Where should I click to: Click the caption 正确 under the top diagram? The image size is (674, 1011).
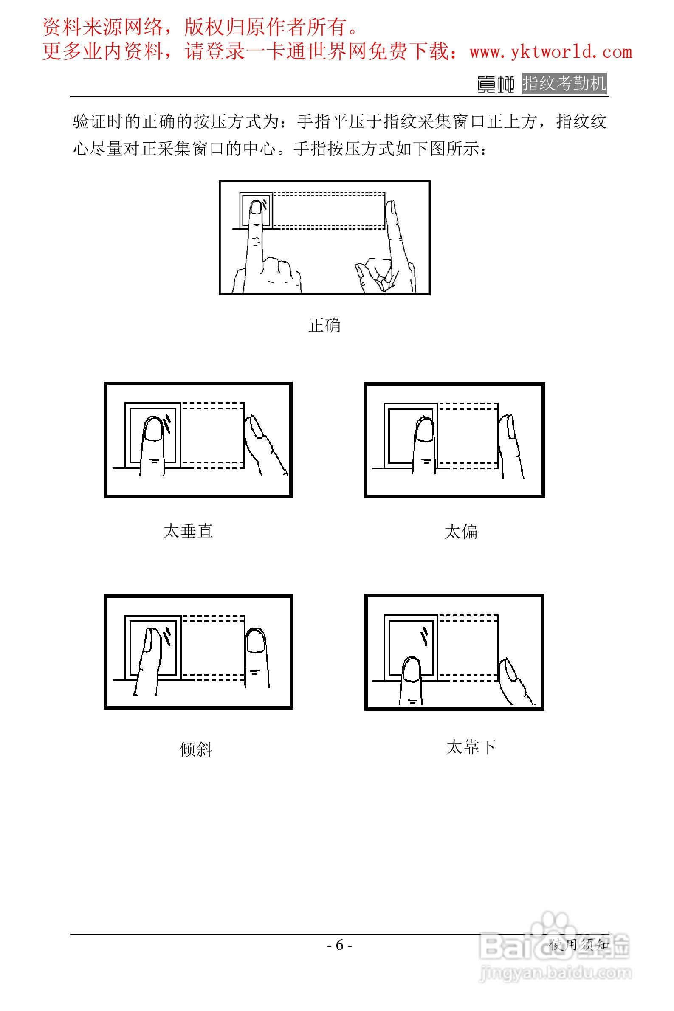(324, 325)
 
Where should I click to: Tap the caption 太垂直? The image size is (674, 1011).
(188, 531)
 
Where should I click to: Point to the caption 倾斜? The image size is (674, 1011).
(196, 749)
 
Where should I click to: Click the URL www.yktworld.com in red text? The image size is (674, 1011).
(551, 52)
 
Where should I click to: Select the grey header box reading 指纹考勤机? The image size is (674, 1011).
(564, 83)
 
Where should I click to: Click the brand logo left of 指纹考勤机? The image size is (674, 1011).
(496, 84)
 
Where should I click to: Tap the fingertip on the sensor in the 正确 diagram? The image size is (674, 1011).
(256, 207)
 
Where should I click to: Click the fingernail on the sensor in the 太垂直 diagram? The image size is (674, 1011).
(152, 428)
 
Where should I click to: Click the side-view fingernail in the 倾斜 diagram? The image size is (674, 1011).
(257, 642)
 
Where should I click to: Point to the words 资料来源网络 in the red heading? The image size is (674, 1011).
(103, 28)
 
